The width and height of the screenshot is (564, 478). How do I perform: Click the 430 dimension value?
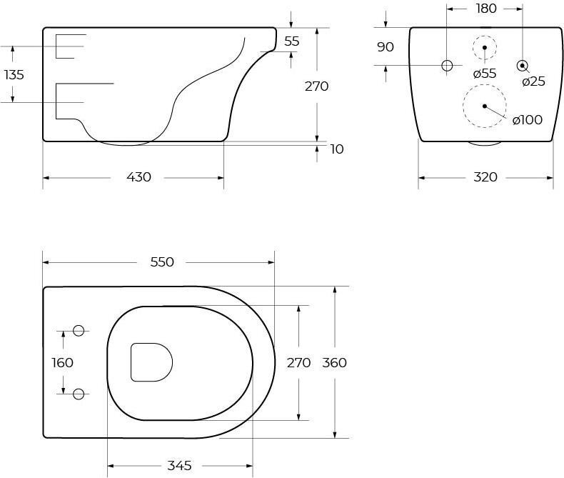pos(139,177)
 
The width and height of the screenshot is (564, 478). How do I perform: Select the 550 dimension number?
pos(162,262)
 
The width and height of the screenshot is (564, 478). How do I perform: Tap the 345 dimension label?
pos(179,466)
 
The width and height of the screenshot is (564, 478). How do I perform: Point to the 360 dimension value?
pos(335,362)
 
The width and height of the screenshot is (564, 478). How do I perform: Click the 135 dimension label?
pos(14,75)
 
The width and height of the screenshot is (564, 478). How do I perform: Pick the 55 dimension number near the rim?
pos(292,41)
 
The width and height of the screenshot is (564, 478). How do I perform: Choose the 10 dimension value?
pos(337,149)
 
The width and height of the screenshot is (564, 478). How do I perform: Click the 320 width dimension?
pos(485,177)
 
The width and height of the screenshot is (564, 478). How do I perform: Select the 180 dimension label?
pos(486,9)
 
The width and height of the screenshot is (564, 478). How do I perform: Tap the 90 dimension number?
pos(386,46)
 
